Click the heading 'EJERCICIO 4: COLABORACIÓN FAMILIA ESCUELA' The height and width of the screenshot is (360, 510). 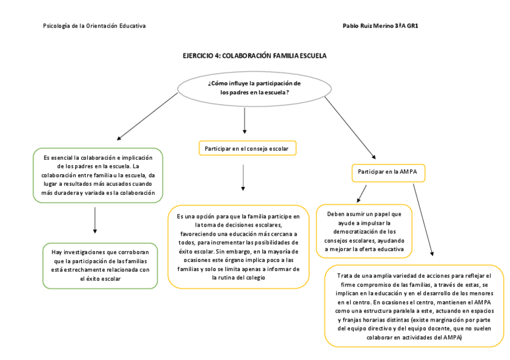pos(254,55)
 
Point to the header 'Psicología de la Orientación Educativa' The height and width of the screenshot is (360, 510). pos(94,26)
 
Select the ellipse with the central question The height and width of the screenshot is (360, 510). pos(254,87)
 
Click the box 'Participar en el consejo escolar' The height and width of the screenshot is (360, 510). pos(247,148)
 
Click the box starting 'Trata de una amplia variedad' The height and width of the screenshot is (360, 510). pos(414,306)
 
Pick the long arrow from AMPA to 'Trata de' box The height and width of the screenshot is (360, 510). pos(423,219)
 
